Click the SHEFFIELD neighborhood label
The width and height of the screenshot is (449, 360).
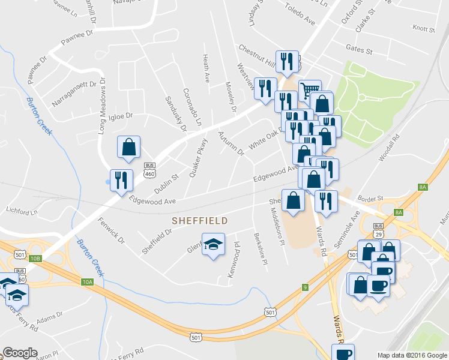click(200, 221)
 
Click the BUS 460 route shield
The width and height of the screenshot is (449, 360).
click(149, 170)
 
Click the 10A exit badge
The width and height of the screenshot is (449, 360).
click(88, 282)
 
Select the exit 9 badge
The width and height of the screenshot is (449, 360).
click(305, 287)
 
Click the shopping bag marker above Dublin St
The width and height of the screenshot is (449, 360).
click(128, 148)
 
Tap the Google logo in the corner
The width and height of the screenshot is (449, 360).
click(20, 353)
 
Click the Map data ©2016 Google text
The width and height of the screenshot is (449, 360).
click(412, 355)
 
